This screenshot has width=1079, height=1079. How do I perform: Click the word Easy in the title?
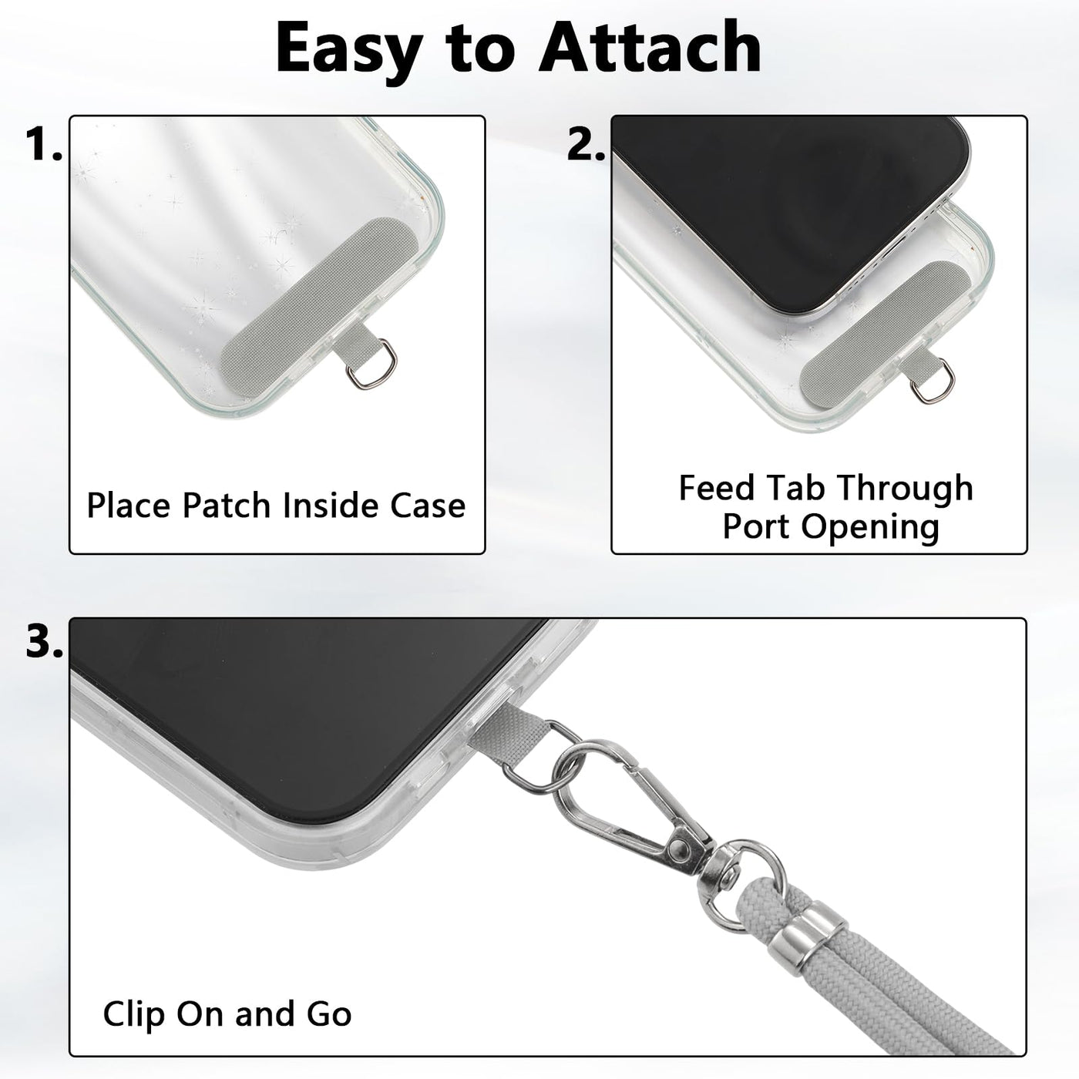point(349,52)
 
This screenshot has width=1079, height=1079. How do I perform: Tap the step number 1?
point(44,143)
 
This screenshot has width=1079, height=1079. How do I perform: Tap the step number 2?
point(585,143)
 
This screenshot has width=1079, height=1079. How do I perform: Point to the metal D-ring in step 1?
point(371,365)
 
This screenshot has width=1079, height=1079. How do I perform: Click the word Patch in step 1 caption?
point(227,506)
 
